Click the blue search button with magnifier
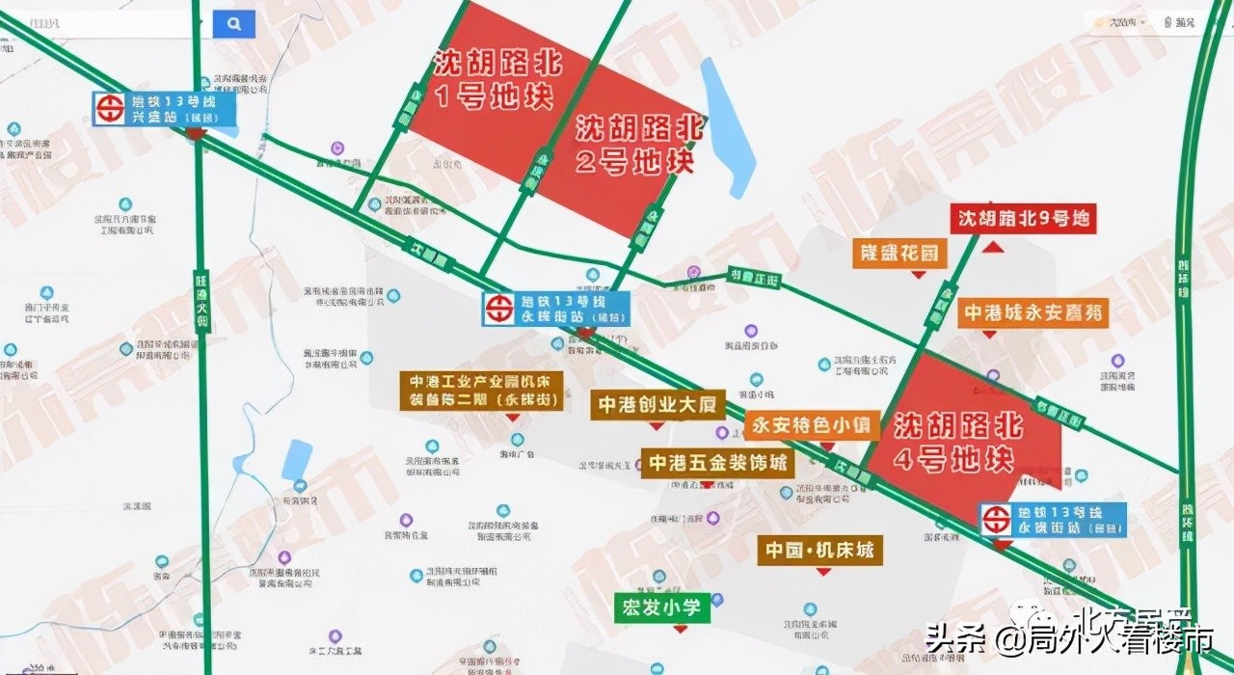tap(233, 24)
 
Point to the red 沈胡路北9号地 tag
tap(1024, 219)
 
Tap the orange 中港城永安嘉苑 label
tap(1034, 312)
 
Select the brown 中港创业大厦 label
tap(658, 405)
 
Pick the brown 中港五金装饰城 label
tap(718, 463)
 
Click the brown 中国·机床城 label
tap(820, 551)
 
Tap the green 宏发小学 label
tap(663, 607)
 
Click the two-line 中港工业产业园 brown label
tap(482, 391)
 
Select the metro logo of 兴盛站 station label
tap(110, 108)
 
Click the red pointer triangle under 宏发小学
tap(681, 629)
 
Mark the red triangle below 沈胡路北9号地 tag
tap(993, 248)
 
